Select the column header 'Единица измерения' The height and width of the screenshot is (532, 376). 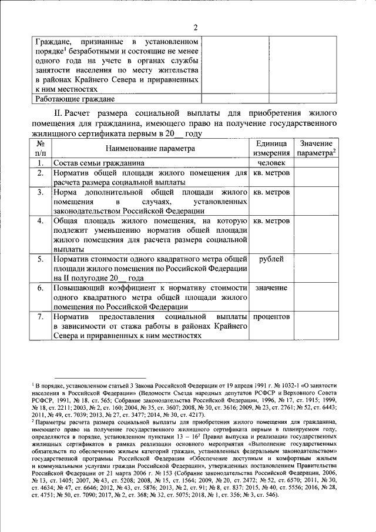click(x=271, y=149)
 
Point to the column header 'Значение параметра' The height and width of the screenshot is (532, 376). click(x=315, y=149)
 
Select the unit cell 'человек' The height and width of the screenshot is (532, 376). click(x=271, y=163)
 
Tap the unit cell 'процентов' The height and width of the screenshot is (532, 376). click(x=271, y=316)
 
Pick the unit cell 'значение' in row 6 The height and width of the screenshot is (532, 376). click(x=271, y=287)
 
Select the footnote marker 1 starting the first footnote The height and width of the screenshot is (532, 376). click(x=34, y=382)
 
